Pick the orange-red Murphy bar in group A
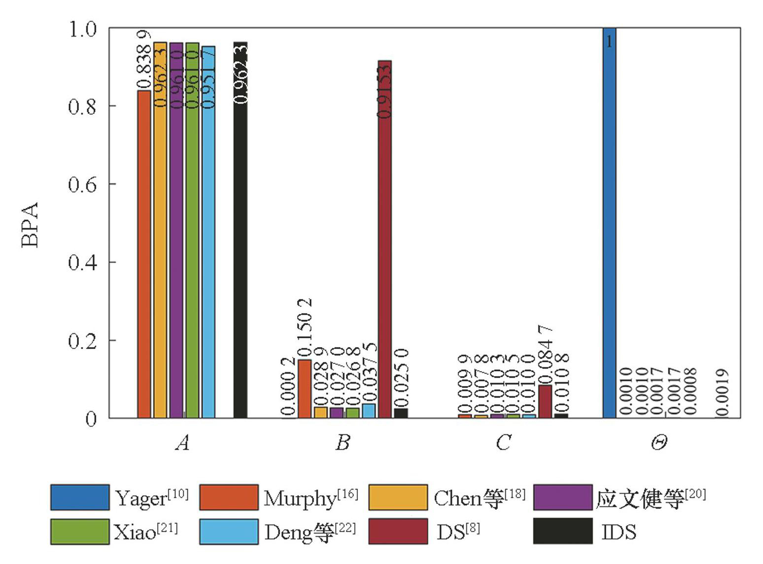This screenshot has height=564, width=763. (144, 254)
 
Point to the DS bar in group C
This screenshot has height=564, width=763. (545, 401)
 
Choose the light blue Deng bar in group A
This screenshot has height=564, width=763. (208, 232)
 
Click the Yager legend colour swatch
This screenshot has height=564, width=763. (80, 497)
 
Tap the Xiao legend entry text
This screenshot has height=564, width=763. (146, 531)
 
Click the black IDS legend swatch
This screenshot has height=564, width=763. (563, 531)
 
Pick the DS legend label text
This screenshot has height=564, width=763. (458, 531)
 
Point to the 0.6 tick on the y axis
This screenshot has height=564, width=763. (82, 184)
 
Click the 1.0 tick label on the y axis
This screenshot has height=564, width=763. (82, 29)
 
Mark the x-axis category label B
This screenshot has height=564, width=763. (343, 442)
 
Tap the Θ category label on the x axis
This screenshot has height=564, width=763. (659, 442)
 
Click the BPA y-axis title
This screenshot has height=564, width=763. (31, 224)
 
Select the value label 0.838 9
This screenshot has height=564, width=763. (143, 60)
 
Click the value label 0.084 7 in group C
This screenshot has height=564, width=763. (545, 354)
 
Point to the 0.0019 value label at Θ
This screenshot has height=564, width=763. (722, 392)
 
